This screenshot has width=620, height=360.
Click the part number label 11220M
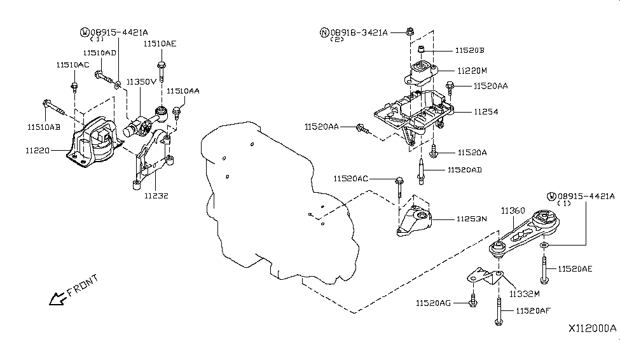click(472, 71)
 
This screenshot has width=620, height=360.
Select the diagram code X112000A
click(592, 328)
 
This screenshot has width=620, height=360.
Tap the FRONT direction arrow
click(57, 298)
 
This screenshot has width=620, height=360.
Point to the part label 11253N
click(472, 219)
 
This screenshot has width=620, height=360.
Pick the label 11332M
click(525, 294)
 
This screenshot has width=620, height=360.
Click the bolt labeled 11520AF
click(499, 311)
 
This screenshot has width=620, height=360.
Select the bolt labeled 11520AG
click(473, 301)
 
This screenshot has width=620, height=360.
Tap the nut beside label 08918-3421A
click(410, 31)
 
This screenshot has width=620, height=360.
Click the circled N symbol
click(324, 32)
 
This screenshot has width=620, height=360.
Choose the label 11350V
click(142, 82)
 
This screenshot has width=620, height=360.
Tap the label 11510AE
click(160, 43)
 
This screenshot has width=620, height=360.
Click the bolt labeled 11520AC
click(399, 188)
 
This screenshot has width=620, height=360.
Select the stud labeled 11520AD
click(421, 171)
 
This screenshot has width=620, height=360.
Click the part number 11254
click(486, 112)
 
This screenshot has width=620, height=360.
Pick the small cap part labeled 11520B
click(422, 49)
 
